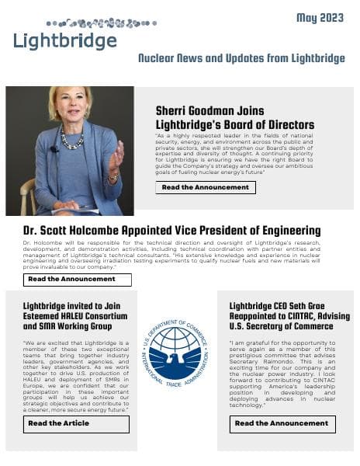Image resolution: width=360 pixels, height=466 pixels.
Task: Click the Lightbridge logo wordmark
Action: pyautogui.click(x=65, y=41)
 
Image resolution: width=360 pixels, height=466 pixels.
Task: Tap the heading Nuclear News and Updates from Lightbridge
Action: pyautogui.click(x=241, y=58)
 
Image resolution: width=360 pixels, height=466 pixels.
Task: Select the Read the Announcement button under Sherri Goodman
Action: pyautogui.click(x=206, y=187)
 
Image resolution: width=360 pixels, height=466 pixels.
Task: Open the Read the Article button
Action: pyautogui.click(x=77, y=423)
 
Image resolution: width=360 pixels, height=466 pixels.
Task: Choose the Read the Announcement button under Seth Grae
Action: pyautogui.click(x=282, y=423)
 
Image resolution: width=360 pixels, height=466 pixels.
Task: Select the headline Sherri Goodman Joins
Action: pyautogui.click(x=213, y=110)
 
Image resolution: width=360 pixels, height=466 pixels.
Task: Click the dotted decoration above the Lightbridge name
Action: pyautogui.click(x=101, y=23)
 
